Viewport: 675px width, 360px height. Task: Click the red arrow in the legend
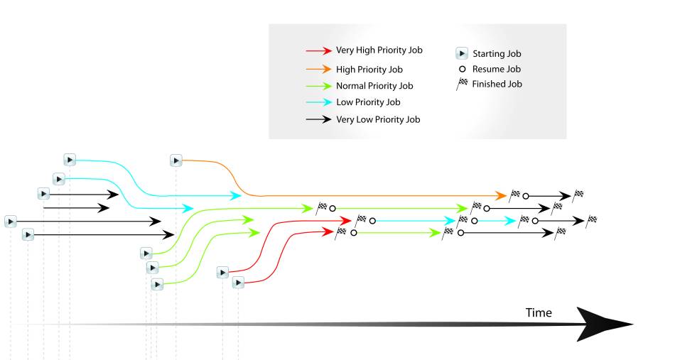click(x=318, y=50)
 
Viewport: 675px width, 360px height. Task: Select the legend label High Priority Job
click(x=369, y=70)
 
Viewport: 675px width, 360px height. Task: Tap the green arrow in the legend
click(x=318, y=86)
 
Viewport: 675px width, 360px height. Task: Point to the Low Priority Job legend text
click(x=368, y=102)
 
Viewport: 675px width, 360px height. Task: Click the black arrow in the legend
click(x=318, y=119)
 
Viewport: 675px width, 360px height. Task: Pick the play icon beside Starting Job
click(x=461, y=53)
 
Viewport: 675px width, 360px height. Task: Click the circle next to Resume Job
click(x=463, y=69)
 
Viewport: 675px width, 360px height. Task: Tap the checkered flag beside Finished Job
click(x=462, y=84)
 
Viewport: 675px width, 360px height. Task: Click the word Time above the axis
click(x=539, y=312)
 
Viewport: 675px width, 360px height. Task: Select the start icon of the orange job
click(x=175, y=161)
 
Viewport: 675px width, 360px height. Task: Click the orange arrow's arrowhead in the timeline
click(x=501, y=196)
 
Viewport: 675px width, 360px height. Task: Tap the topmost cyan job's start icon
click(x=70, y=160)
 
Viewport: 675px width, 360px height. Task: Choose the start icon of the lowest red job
click(x=239, y=283)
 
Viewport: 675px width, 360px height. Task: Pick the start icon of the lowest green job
click(x=157, y=284)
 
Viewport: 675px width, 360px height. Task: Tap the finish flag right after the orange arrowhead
click(x=514, y=195)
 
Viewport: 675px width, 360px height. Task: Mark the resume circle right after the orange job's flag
click(x=526, y=196)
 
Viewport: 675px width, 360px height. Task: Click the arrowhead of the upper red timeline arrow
click(x=346, y=221)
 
